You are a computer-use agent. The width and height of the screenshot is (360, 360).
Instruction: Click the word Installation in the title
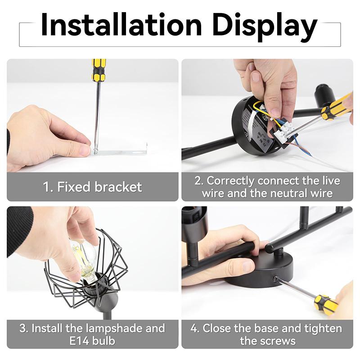pos(121,25)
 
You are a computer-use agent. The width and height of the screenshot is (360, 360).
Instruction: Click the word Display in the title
pos(265,27)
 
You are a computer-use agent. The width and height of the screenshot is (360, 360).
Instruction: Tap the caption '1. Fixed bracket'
pos(92,187)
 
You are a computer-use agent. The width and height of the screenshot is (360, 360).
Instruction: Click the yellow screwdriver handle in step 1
pos(99,70)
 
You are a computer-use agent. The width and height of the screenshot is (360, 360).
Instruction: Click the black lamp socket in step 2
pos(324,94)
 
